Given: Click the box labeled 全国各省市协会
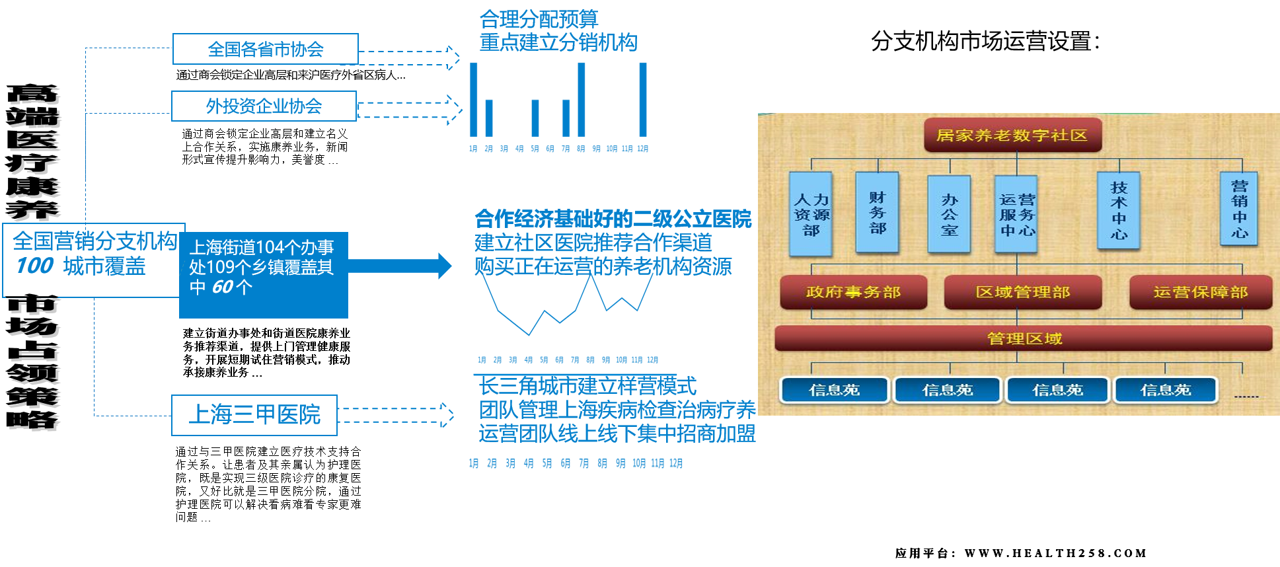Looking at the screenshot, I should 265,49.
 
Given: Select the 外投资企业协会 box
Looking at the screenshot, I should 264,106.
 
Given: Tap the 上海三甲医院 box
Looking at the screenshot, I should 254,415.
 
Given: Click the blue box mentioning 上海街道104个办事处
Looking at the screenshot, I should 263,274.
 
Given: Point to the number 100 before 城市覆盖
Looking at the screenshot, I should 34,266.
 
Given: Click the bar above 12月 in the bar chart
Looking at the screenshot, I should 642,99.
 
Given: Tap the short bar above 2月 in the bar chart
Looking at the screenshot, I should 489,118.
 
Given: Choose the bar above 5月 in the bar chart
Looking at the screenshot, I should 535,118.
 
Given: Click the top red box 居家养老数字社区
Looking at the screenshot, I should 1012,135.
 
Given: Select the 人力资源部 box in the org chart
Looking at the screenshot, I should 811,214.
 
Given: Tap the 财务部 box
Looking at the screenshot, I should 877,212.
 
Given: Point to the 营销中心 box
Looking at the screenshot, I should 1239,209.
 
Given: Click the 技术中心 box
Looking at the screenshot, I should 1118,210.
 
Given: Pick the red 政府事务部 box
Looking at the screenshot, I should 853,292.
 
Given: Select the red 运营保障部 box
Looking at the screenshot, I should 1200,292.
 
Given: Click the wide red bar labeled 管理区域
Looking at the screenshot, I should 1024,339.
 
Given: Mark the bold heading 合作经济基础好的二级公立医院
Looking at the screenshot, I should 613,219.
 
